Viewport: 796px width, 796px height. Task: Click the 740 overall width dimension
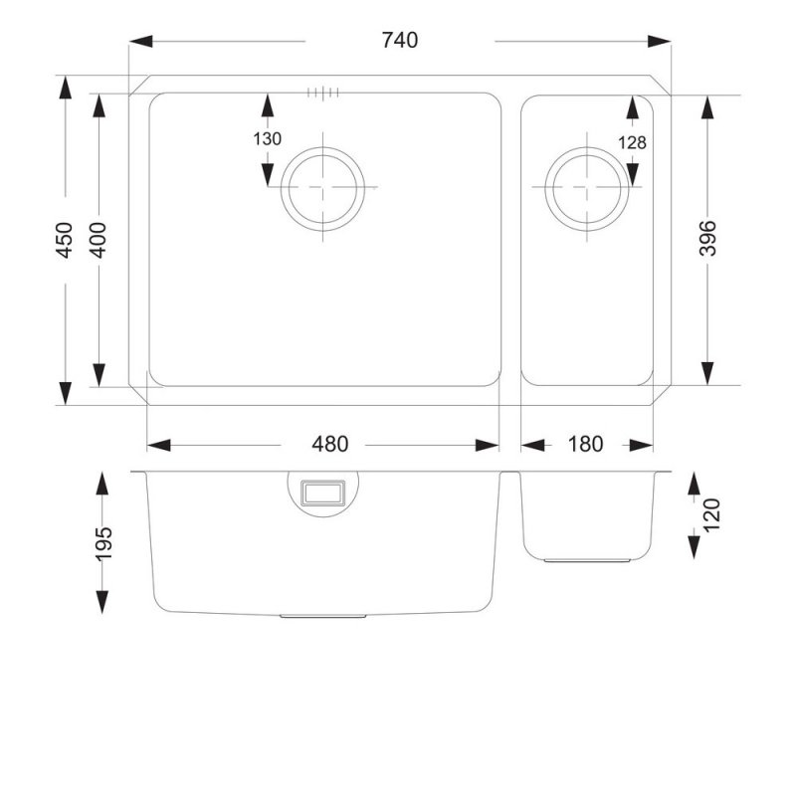[x=399, y=41]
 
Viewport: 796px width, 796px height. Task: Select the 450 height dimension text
[x=65, y=241]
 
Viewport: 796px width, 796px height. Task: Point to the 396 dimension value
[x=707, y=239]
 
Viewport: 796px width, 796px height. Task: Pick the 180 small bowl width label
[x=585, y=445]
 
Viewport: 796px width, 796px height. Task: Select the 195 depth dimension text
[x=102, y=542]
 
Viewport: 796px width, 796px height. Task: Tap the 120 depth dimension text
[x=710, y=515]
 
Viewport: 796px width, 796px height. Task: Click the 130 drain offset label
[x=268, y=140]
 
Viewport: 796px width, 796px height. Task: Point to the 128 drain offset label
[x=632, y=142]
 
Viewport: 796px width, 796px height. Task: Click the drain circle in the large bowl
[x=324, y=188]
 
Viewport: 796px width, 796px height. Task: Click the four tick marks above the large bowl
[x=324, y=93]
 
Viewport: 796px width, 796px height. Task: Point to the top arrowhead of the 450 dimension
[x=65, y=88]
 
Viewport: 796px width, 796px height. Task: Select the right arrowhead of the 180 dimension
[x=644, y=445]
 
